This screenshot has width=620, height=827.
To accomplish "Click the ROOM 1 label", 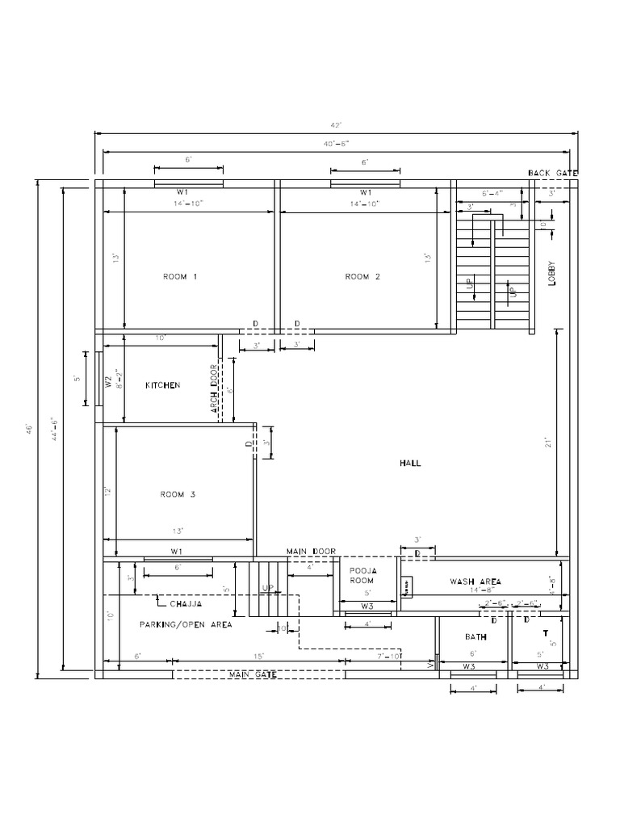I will click(x=180, y=277).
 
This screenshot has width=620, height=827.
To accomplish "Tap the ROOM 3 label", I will click(x=178, y=494).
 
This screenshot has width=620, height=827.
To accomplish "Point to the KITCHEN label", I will click(x=162, y=386).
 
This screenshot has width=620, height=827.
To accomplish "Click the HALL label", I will click(x=410, y=464).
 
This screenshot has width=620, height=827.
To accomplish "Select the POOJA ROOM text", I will click(x=363, y=575).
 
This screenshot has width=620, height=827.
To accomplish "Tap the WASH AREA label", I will click(x=475, y=581).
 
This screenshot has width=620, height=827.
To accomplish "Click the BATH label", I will click(x=475, y=637).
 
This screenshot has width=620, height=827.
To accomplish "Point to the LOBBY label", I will click(x=552, y=275).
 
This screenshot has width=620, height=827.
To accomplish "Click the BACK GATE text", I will click(x=553, y=173).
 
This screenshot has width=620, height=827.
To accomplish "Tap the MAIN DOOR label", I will click(x=311, y=551).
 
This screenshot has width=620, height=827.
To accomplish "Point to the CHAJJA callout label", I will click(x=186, y=603).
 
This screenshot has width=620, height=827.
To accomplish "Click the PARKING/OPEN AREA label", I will click(x=186, y=625).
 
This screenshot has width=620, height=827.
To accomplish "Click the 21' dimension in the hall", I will click(x=547, y=443).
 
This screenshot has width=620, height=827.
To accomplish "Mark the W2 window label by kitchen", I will click(x=107, y=380).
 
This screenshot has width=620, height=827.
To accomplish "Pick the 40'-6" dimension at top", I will click(x=337, y=144).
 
